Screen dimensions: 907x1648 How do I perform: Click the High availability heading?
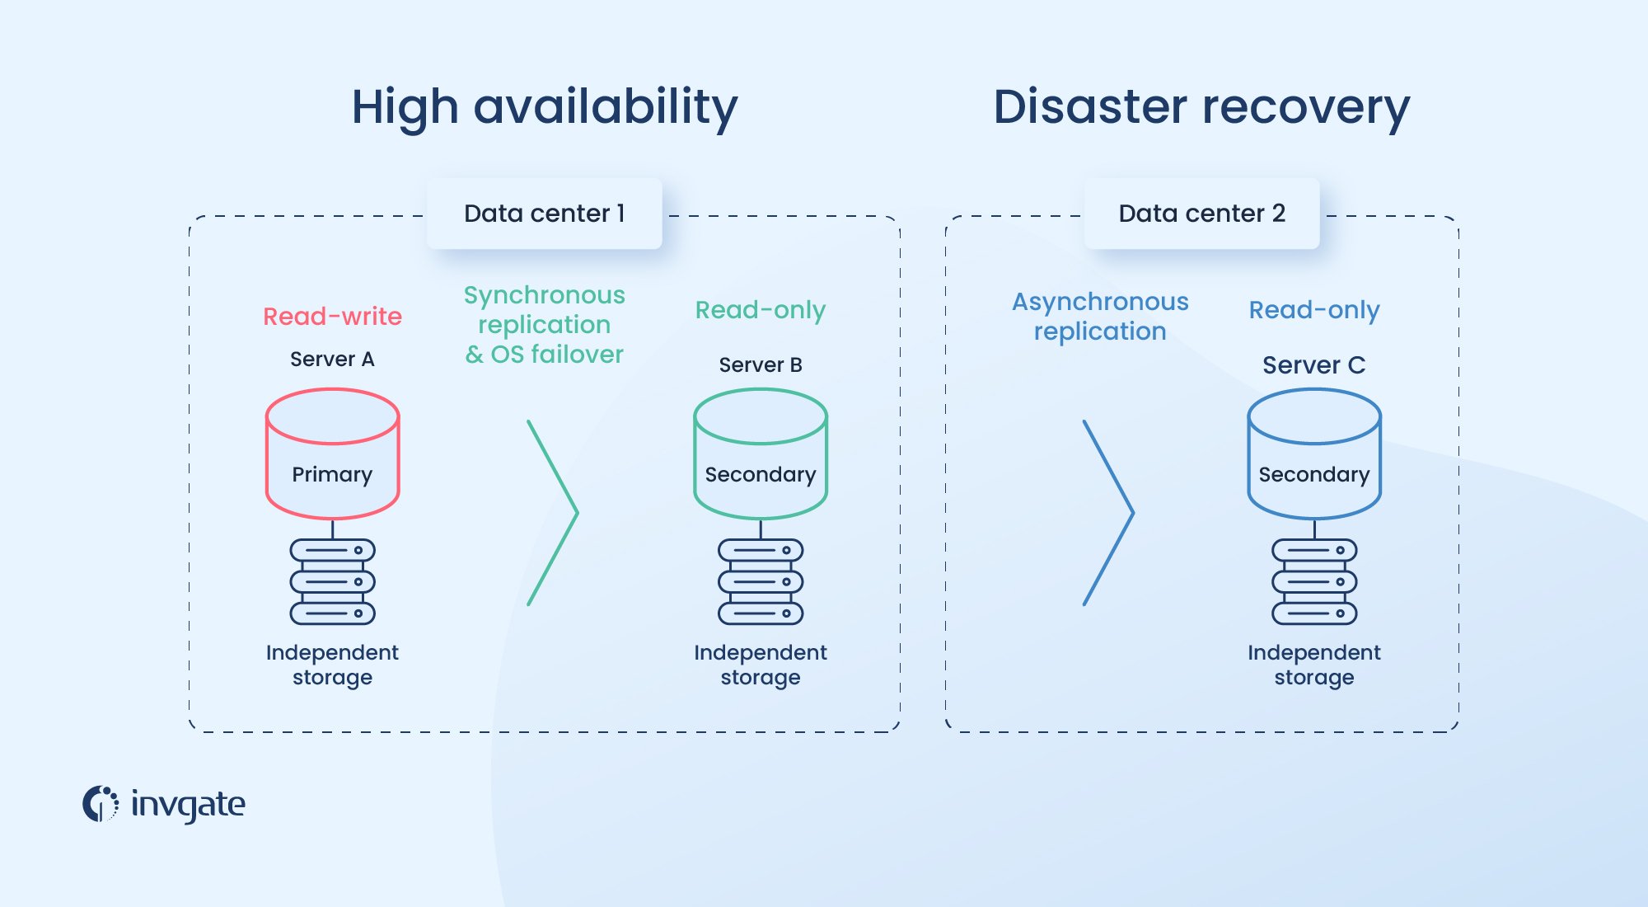click(x=544, y=107)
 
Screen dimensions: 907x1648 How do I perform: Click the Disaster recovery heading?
click(x=1201, y=107)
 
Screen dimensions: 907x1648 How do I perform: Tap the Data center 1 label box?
click(x=544, y=214)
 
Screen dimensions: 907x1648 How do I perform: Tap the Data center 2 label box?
click(x=1201, y=214)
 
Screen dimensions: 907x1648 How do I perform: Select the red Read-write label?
click(x=332, y=317)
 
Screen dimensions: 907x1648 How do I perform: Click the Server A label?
click(x=332, y=360)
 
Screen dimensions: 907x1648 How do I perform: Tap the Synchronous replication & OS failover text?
click(x=544, y=325)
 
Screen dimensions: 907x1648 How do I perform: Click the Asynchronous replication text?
click(x=1100, y=317)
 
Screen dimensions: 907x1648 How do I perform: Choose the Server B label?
click(x=760, y=365)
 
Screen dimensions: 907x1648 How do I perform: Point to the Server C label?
click(x=1313, y=365)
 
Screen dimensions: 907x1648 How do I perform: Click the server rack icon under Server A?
click(x=332, y=582)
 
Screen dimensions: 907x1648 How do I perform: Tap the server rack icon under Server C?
click(x=1313, y=582)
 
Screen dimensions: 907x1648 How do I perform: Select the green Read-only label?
click(x=760, y=311)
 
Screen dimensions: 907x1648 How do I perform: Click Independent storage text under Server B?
click(x=760, y=665)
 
